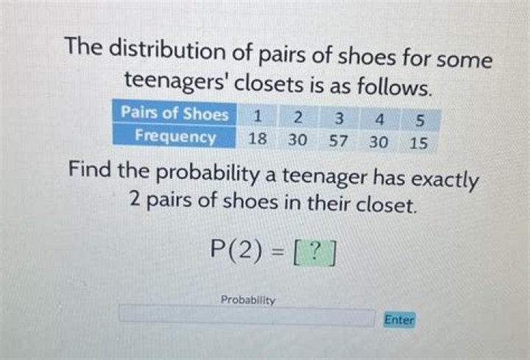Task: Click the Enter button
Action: (x=399, y=320)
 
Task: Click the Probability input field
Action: (x=247, y=316)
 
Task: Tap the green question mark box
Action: (x=315, y=253)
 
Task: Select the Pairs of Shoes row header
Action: (x=174, y=113)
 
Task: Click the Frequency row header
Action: (x=174, y=136)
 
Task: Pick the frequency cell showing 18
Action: (x=257, y=139)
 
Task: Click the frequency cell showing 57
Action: (x=339, y=141)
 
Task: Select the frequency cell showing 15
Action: (x=419, y=143)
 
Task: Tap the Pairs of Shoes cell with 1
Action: (x=257, y=116)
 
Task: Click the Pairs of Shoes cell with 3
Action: (x=339, y=119)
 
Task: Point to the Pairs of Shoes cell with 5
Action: (x=420, y=121)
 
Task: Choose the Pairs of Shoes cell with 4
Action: (x=380, y=120)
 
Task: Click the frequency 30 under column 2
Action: (x=297, y=140)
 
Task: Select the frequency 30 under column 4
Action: (x=378, y=142)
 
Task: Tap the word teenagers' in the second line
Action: (x=176, y=83)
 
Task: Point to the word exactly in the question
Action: (x=445, y=180)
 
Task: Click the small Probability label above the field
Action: (x=248, y=300)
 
